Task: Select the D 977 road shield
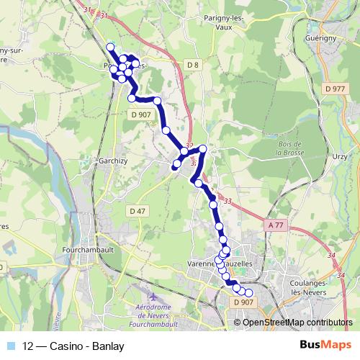point(336,89)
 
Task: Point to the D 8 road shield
point(192,66)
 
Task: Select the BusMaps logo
point(325,345)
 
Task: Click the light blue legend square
point(12,345)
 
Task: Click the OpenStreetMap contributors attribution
point(297,322)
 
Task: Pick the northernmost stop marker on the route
point(110,47)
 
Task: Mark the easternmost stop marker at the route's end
point(250,292)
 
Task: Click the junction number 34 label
point(331,255)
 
